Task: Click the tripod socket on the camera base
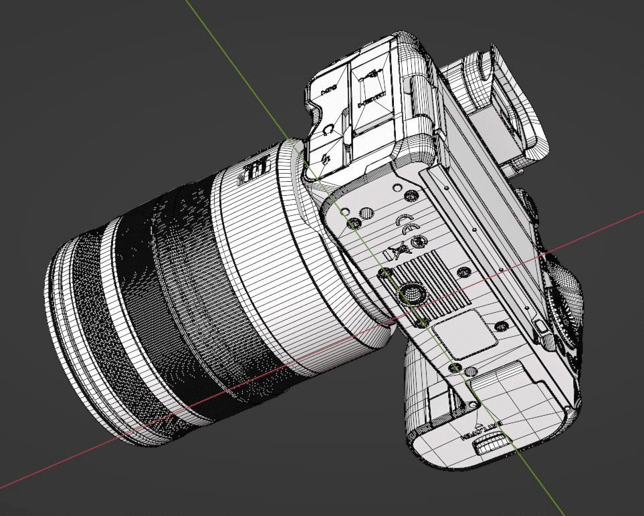click(409, 292)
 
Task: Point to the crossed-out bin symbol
click(400, 251)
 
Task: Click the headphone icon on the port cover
click(328, 130)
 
